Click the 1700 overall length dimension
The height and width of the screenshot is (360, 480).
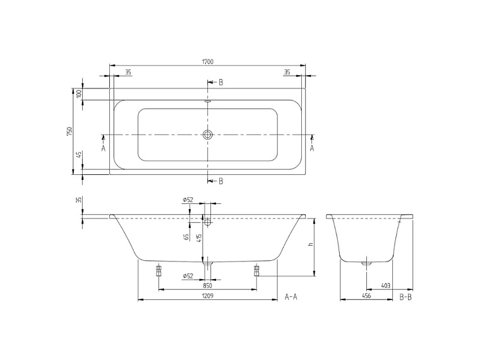(x=208, y=61)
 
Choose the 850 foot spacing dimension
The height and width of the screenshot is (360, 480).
(x=207, y=285)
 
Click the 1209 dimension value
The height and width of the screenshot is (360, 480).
(x=207, y=296)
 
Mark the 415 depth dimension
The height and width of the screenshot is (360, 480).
(x=199, y=238)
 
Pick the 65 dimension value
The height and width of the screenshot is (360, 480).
(x=186, y=237)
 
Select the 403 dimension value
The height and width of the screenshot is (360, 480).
(x=386, y=285)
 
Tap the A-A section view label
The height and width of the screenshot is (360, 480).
(x=291, y=296)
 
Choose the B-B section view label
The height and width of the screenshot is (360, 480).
(x=406, y=296)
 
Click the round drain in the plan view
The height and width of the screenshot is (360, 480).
(x=208, y=135)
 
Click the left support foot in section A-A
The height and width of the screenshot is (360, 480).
(x=158, y=271)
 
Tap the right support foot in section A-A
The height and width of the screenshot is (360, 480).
(x=256, y=271)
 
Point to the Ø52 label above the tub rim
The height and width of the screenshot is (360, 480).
(x=188, y=200)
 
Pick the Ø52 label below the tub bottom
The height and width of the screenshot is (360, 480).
(x=188, y=276)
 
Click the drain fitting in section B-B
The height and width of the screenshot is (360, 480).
(x=366, y=262)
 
